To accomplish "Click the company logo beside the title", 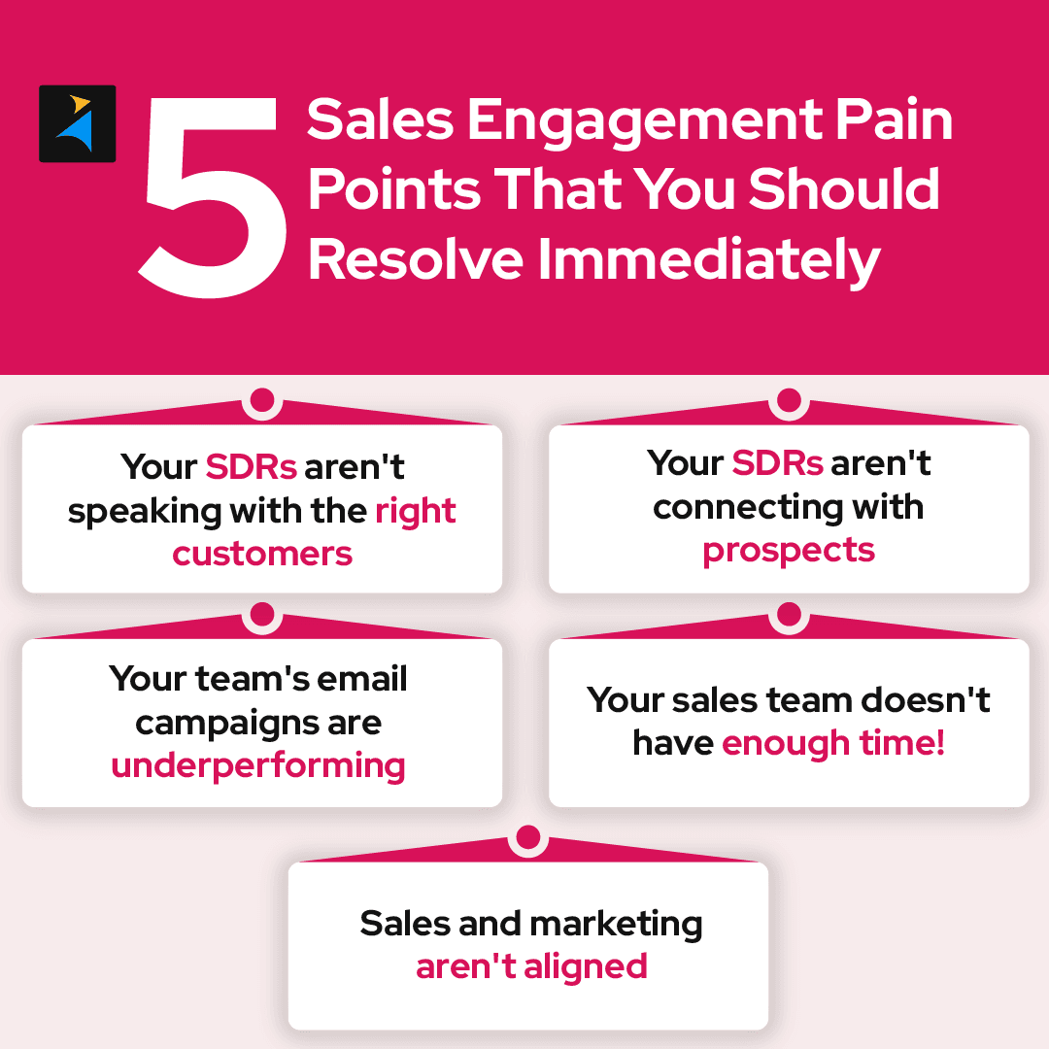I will coord(78,123).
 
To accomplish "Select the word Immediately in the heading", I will coord(709,260).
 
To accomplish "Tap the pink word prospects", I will coord(789,550).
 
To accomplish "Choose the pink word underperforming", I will coord(258,765).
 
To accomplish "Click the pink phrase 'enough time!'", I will coord(833,743).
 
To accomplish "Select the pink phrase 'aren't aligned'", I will coord(531,966).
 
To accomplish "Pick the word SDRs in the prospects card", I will coord(777,463).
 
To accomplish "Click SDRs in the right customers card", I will coord(251,467).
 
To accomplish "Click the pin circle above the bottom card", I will coord(527,837).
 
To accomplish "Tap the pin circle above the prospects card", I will coord(789,400).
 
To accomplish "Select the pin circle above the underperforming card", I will coord(261,614).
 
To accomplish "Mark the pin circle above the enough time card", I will coord(789,614).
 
